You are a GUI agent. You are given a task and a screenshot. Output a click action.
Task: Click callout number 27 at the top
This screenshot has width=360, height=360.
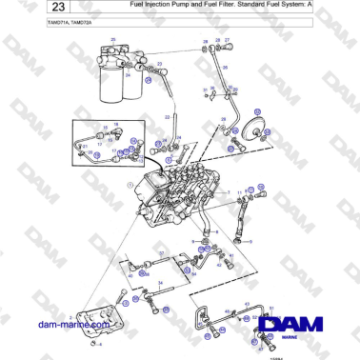tap(227, 41)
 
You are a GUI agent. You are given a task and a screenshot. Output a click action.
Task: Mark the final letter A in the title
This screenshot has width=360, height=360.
tap(336, 6)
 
